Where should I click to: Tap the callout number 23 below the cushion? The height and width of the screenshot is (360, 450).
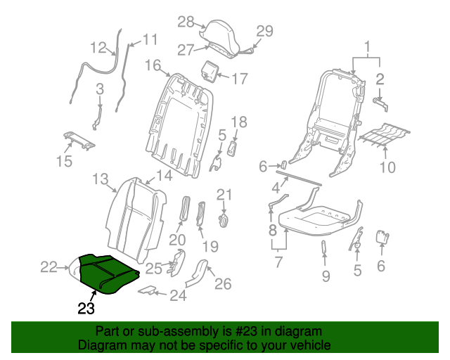tap(85, 307)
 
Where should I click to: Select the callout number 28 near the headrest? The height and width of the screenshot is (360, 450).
tap(185, 22)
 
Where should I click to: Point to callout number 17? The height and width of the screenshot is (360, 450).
tap(239, 77)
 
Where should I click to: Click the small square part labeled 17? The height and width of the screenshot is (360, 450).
tap(210, 71)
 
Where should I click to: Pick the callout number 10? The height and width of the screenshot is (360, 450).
tap(387, 167)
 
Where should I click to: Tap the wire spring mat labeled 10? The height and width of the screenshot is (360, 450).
tap(383, 134)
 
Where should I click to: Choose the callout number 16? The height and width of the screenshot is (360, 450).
tap(153, 65)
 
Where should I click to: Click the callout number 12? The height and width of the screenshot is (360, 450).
tap(99, 47)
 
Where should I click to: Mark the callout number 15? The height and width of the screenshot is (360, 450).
tap(64, 162)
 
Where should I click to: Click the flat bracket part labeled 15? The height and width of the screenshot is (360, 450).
tap(79, 141)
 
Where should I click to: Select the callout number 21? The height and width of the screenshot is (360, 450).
tap(224, 194)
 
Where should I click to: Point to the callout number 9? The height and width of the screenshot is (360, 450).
tap(326, 276)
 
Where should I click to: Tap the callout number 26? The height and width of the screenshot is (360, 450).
tap(222, 283)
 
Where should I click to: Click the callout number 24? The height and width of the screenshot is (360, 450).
tap(178, 296)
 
